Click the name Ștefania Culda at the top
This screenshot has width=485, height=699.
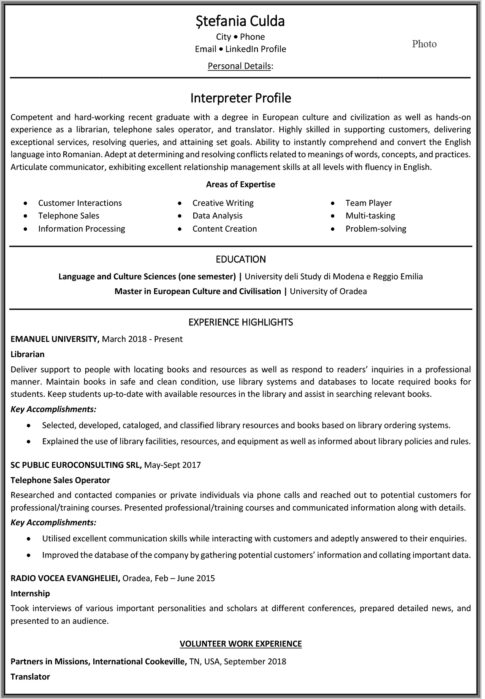coord(240,21)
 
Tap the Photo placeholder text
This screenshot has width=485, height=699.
coord(424,44)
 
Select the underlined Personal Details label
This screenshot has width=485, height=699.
coord(239,66)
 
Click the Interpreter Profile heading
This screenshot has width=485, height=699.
coord(241,98)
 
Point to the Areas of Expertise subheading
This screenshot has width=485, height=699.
coord(241,184)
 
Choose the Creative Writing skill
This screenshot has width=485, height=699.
coord(223,203)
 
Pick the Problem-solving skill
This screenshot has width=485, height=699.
coord(376,229)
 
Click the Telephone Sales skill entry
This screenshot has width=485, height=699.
coord(69,216)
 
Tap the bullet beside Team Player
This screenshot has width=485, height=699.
coord(333,203)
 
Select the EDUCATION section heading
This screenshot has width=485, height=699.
coord(241,259)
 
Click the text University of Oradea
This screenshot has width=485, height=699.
coord(328,291)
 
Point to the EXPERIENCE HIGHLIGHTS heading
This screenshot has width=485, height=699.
coord(241,322)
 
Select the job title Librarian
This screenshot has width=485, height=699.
coord(27,354)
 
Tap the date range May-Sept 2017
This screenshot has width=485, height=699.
coord(173,465)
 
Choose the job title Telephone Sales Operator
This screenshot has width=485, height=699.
coord(60,480)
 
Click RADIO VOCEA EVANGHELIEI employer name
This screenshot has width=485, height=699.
coord(65,578)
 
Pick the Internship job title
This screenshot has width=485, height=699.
coord(30,593)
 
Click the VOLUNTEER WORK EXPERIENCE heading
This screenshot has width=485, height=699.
coord(241,644)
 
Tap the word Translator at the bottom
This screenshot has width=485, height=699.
coord(30,677)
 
